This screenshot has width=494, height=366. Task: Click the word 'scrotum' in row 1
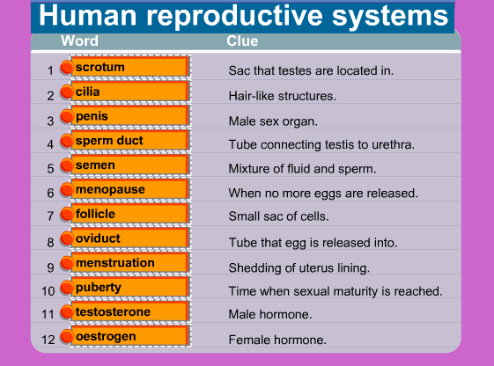click(x=100, y=67)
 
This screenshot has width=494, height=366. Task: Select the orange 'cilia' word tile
click(x=129, y=91)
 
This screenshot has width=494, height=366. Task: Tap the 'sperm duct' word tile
click(x=129, y=141)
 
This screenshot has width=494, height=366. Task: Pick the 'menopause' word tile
click(x=129, y=189)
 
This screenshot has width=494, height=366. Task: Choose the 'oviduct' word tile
click(x=129, y=238)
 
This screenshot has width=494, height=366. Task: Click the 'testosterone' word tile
click(x=129, y=311)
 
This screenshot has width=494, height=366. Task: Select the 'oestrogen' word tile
click(x=129, y=336)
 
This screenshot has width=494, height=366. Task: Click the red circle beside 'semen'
click(x=67, y=165)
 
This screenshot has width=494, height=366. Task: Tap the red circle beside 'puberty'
click(x=67, y=287)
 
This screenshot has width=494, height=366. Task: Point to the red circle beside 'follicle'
click(x=67, y=214)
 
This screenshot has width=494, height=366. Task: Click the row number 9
click(x=50, y=267)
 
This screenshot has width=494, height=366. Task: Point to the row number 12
click(x=48, y=340)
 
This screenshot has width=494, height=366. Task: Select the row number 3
click(x=50, y=121)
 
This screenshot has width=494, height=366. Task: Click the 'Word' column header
click(x=80, y=41)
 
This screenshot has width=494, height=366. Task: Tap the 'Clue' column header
click(x=242, y=41)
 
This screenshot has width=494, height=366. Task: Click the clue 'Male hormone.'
click(x=270, y=314)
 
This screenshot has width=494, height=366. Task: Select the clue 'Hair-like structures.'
click(x=283, y=96)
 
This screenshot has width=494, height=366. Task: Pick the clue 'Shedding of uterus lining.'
click(x=299, y=267)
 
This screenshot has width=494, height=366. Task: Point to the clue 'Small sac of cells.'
click(x=279, y=216)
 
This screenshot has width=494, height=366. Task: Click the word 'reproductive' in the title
click(x=235, y=16)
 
